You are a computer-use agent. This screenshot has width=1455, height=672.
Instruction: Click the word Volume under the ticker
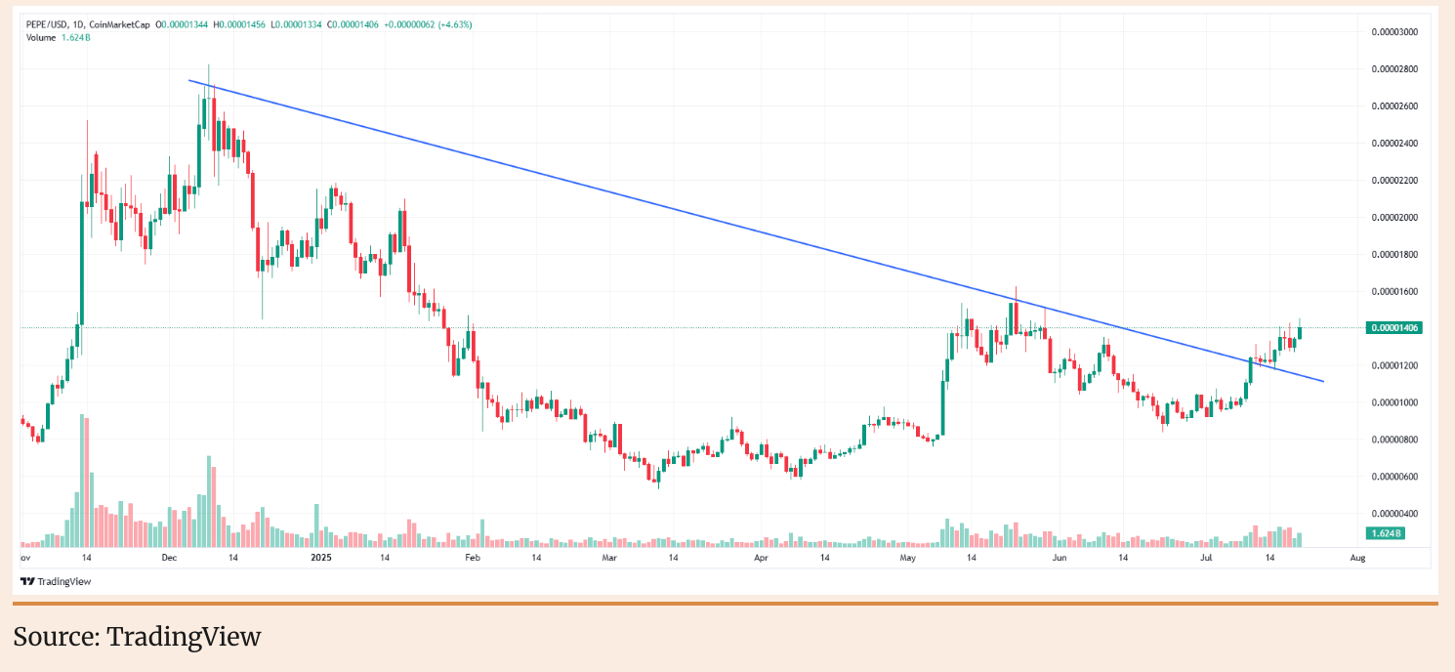coord(40,37)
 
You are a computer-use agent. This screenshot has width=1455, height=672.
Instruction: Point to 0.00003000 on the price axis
coord(1393,32)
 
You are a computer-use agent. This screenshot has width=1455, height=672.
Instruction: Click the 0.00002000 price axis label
coord(1393,217)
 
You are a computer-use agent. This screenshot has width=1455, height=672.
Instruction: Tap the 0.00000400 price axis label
coord(1393,514)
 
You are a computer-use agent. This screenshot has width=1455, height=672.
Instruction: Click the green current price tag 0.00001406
coord(1393,328)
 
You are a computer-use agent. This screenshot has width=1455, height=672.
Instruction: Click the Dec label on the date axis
coord(169,558)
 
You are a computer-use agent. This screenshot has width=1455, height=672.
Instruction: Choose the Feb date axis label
coord(473,558)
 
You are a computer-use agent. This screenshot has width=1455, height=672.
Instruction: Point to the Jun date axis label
coord(1059,558)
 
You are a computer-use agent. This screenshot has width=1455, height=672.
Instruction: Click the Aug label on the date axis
coord(1356,558)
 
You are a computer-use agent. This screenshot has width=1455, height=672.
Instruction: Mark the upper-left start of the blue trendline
coord(188,80)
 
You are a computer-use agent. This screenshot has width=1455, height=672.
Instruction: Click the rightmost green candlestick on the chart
coord(1300,332)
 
